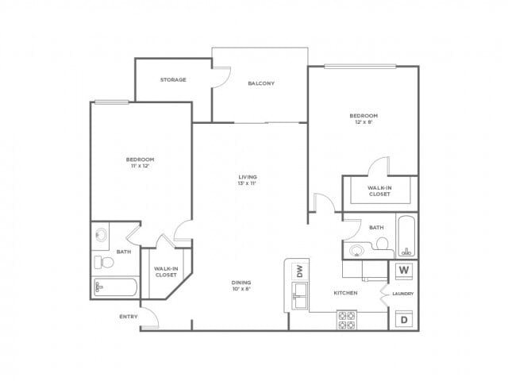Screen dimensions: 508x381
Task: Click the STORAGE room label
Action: [173, 79]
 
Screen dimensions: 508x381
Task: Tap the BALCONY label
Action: [261, 83]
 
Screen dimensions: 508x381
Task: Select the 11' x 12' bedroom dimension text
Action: [140, 166]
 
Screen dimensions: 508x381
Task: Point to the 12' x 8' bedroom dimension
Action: [364, 122]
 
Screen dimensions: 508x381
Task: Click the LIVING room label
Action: [248, 177]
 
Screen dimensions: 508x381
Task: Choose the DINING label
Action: [241, 283]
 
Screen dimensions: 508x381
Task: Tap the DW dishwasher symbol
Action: [300, 271]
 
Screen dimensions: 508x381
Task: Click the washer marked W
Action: [404, 270]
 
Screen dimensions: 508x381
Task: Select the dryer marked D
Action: [404, 319]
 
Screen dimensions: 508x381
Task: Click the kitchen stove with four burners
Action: [347, 320]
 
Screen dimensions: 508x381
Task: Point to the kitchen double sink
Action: [300, 296]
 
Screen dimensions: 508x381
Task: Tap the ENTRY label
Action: [129, 317]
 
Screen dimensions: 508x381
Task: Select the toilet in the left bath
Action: [104, 262]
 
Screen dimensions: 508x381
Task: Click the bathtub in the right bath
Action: [406, 236]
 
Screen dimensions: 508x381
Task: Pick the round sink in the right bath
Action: [356, 251]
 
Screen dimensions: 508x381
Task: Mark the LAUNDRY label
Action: [402, 294]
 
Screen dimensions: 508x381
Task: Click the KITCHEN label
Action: [346, 293]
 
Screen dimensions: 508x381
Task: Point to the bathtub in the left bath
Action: [116, 287]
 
